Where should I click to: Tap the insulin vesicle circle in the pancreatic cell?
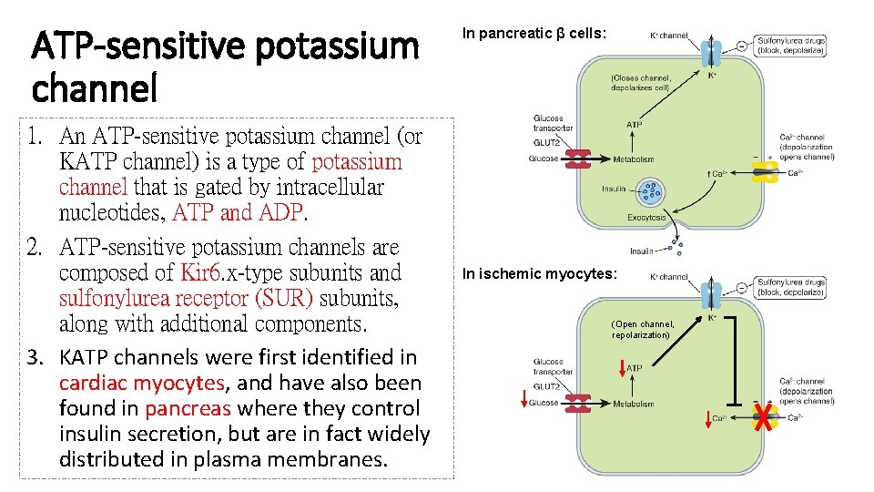tap(651, 190)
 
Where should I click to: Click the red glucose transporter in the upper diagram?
tap(577, 159)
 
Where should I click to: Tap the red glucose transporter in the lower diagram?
tap(577, 404)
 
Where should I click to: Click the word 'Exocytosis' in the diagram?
tap(646, 218)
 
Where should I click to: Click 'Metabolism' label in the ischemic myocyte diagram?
tap(634, 404)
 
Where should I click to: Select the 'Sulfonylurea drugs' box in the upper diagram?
tap(790, 46)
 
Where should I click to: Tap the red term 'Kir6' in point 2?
tap(199, 272)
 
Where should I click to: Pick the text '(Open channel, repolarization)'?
tap(643, 329)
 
